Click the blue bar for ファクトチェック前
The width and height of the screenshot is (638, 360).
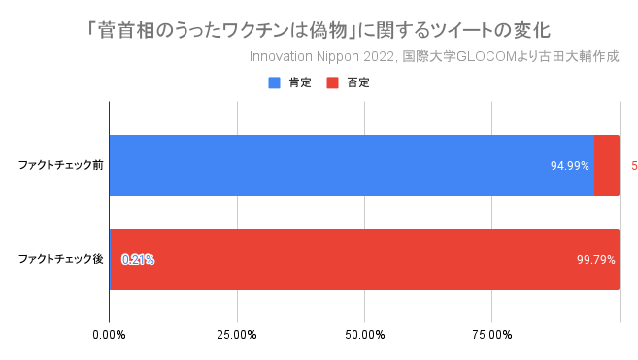350,165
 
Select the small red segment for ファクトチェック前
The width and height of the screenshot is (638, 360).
607,165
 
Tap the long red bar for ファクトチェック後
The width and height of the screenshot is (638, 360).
364,259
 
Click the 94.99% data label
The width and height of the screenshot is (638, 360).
570,165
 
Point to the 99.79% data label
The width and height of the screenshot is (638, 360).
596,259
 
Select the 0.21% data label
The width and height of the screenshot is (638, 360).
138,259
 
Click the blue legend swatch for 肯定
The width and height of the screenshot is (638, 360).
274,83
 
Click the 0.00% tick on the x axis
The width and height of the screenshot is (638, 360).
109,335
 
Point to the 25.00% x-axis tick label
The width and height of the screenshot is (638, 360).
236,335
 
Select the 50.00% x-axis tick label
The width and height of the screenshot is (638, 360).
364,335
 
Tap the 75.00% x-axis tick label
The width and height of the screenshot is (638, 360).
491,335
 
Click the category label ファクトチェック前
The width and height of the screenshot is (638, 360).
61,165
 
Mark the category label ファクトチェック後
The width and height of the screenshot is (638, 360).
61,259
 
